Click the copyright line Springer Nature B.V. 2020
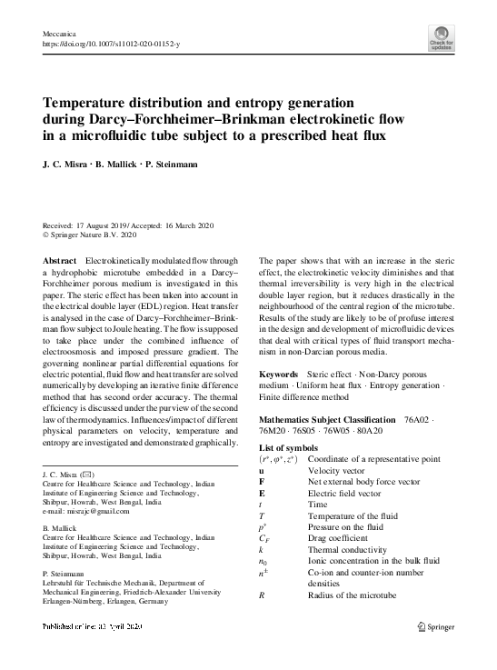93,235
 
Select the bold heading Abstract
59,260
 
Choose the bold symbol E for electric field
263,485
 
